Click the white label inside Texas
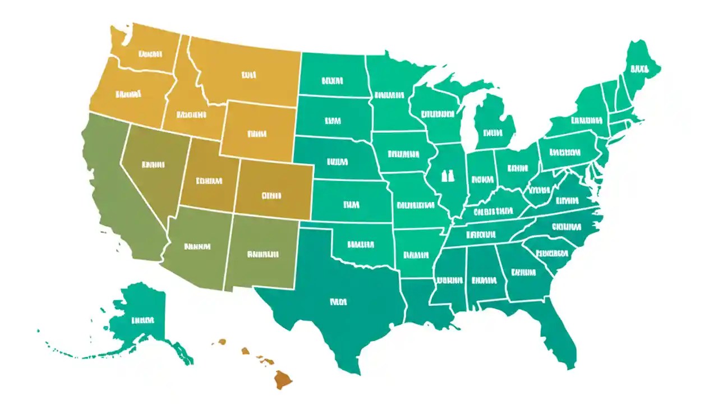(338, 302)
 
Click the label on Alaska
(142, 320)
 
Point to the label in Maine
(638, 70)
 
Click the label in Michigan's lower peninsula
(492, 134)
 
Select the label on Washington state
(150, 54)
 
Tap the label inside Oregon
(128, 94)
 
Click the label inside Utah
(209, 181)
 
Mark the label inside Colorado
(271, 196)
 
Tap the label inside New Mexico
(263, 254)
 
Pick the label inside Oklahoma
(360, 244)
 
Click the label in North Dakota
(332, 81)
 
